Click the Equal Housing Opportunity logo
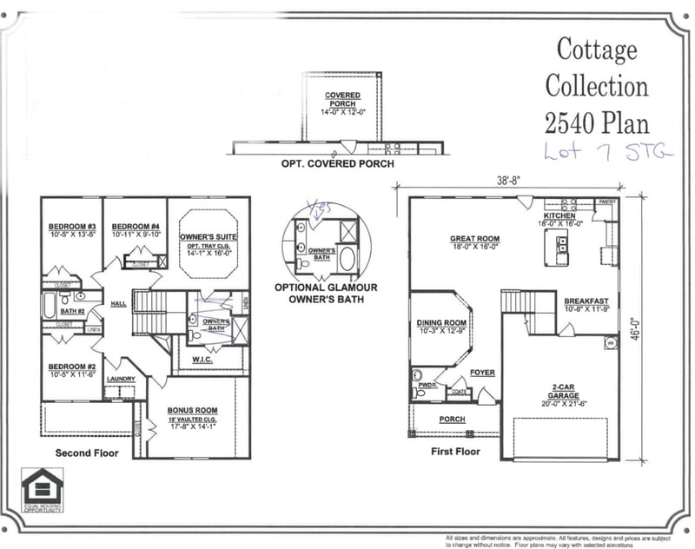[x=42, y=491]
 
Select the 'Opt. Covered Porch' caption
[x=337, y=163]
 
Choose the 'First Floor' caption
[x=455, y=452]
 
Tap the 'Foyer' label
[x=482, y=373]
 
